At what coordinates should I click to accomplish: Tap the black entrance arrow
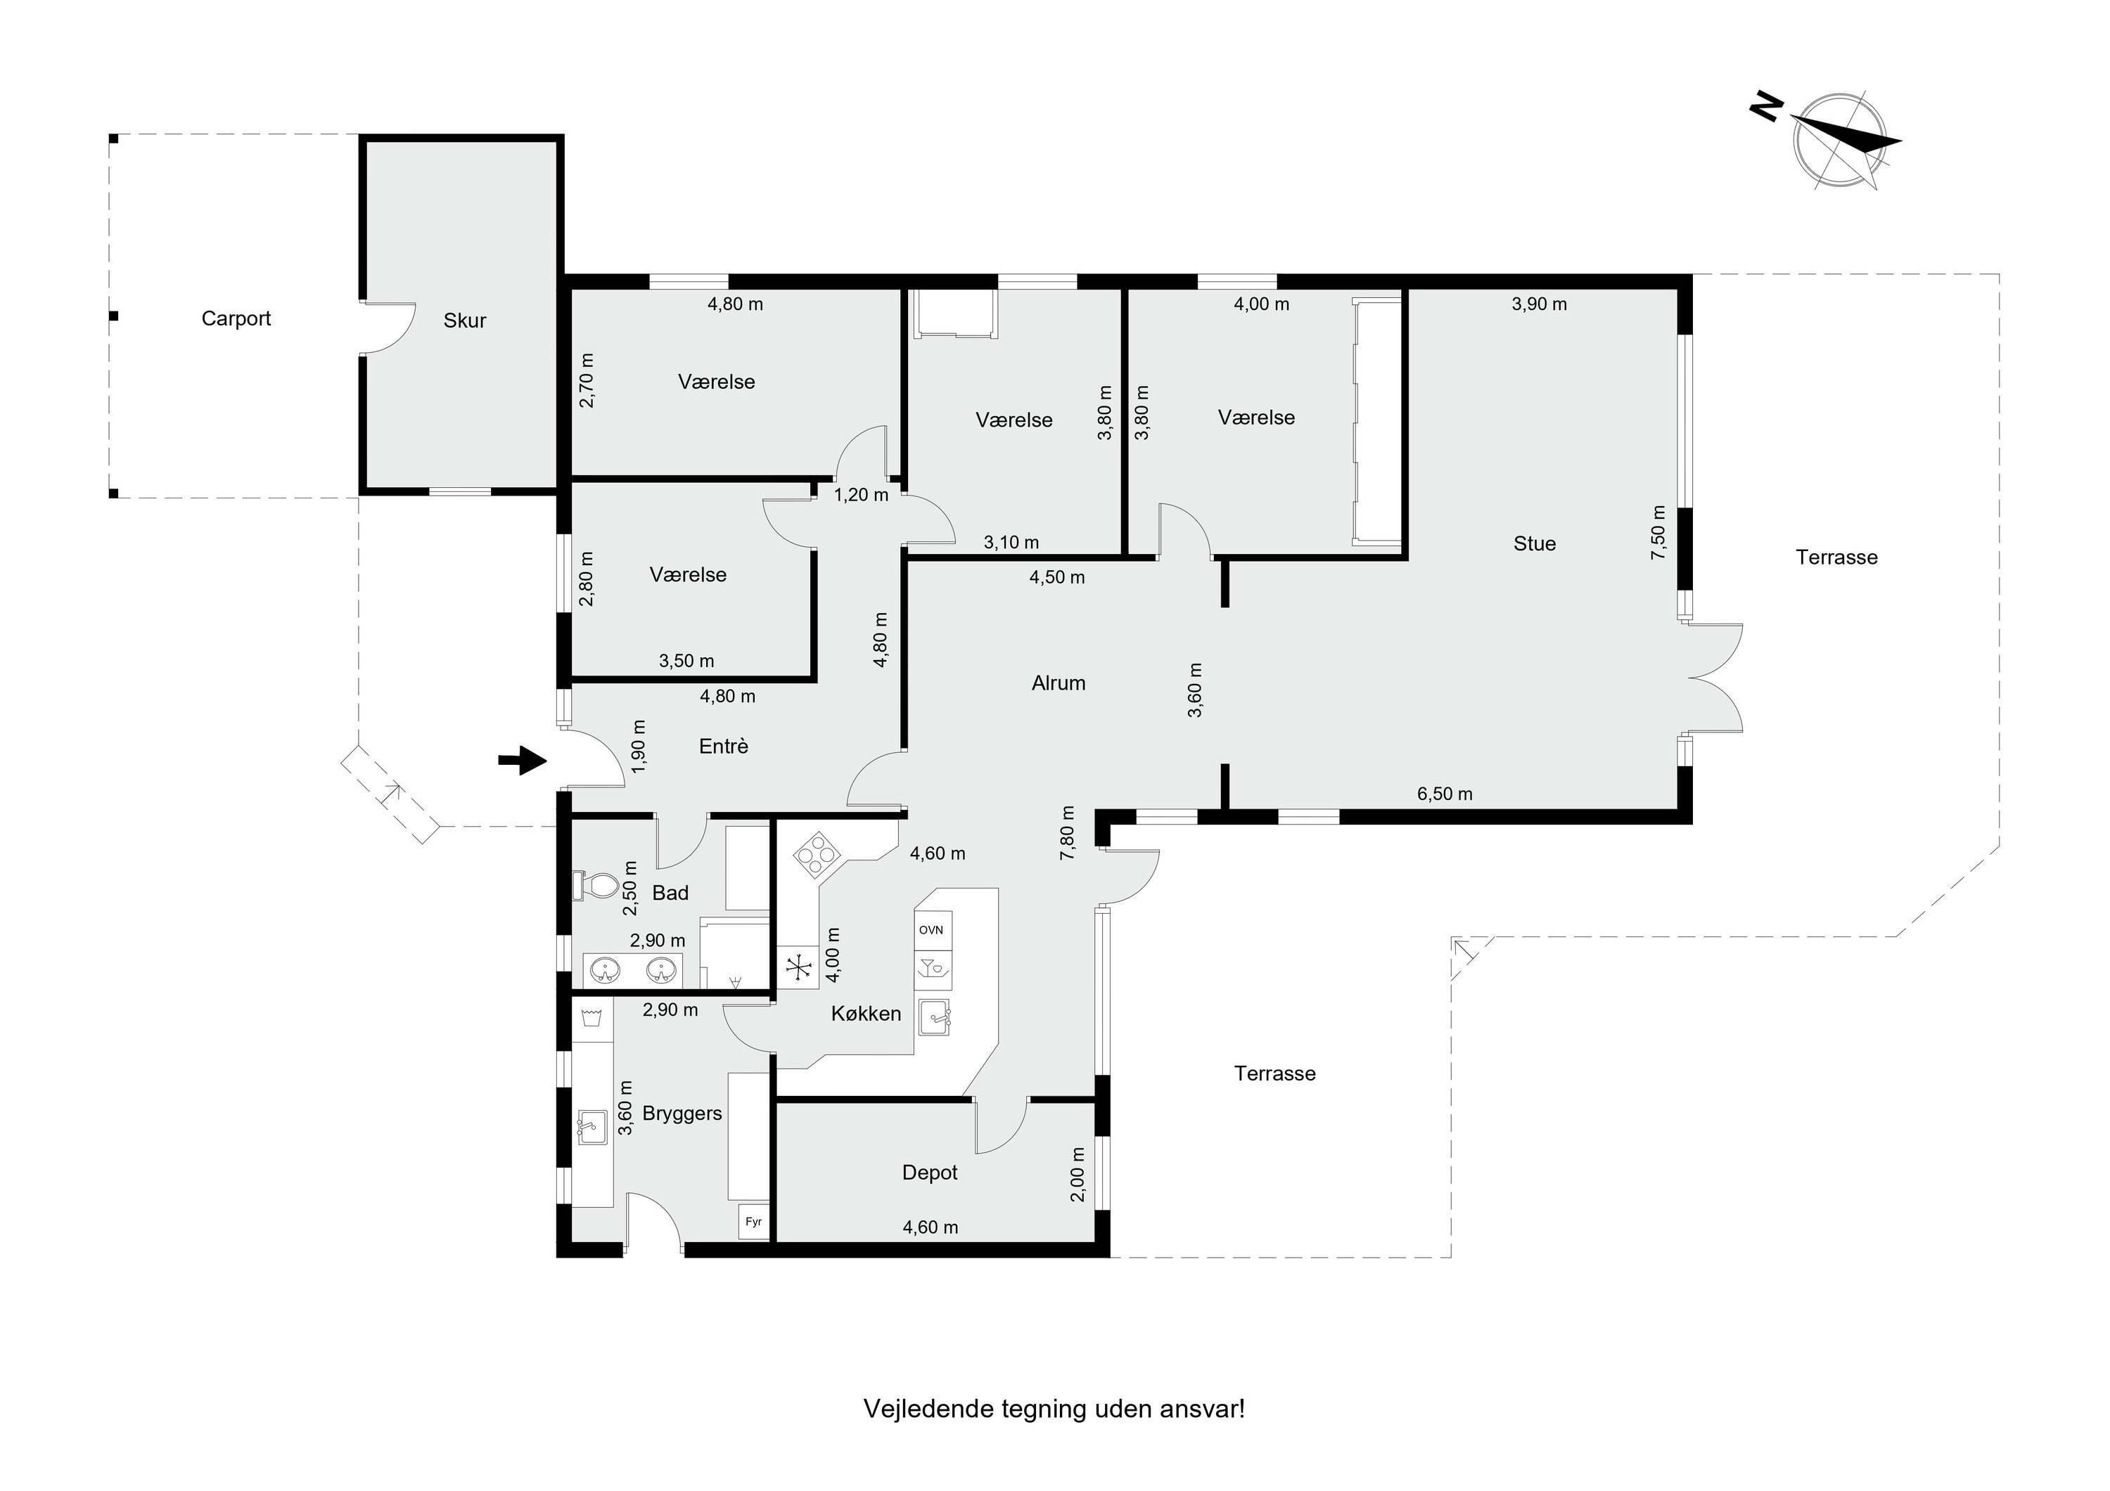522,760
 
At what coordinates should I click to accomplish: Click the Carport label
236,318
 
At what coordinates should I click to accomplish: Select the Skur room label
464,321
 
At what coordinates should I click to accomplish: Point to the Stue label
1535,544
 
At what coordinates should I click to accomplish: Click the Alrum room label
1059,683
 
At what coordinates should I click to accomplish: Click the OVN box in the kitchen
933,930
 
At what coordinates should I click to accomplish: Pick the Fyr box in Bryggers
753,1222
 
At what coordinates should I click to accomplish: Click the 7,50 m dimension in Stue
1658,532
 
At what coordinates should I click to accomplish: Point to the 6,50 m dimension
1445,794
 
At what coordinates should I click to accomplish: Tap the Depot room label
930,1173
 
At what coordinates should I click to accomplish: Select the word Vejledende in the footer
929,1410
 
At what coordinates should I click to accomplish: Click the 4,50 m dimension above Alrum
1057,578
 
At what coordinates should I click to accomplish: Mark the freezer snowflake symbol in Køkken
798,967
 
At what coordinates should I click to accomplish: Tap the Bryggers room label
682,1114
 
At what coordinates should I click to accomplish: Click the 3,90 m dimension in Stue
1540,304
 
